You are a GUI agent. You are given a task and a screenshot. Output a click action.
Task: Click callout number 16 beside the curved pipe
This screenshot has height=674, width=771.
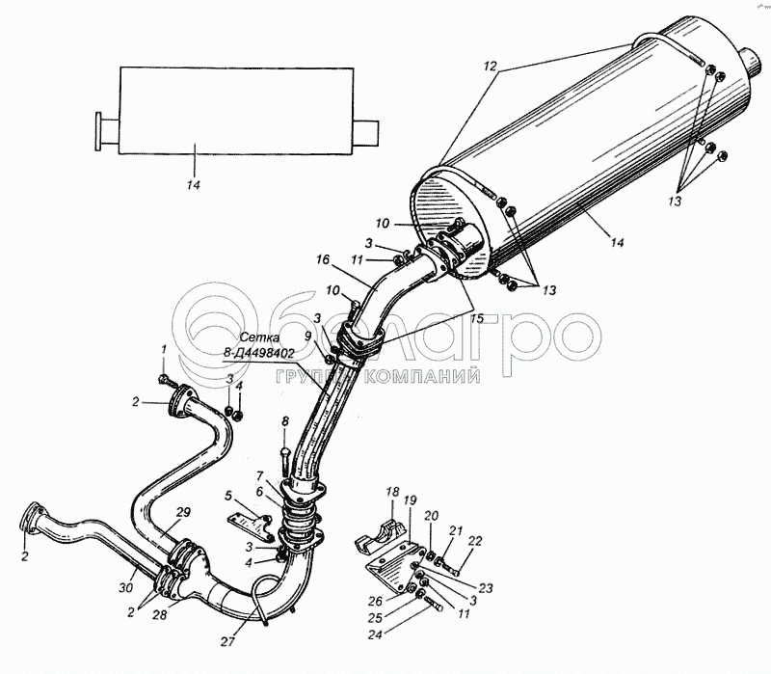coord(322,259)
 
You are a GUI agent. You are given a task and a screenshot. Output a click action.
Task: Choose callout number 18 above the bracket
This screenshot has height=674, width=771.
coord(392,492)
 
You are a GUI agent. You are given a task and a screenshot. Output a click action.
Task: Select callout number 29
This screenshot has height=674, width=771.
coord(184,511)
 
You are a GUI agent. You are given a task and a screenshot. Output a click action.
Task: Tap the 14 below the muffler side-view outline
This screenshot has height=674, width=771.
coord(194,185)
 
